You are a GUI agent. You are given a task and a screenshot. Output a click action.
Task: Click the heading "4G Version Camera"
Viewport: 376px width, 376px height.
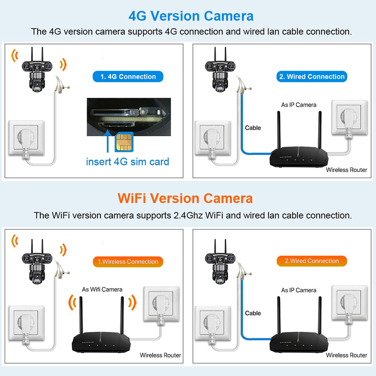coord(191,16)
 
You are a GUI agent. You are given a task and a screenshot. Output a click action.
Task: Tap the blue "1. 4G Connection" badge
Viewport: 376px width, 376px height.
coord(128,77)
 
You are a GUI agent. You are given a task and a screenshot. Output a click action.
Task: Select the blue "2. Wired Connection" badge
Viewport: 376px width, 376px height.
coord(312,77)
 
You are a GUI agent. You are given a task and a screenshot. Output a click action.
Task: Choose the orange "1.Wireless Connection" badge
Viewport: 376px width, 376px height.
coord(127,261)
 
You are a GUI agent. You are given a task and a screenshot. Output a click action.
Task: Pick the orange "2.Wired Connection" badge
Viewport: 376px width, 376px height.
coord(312,261)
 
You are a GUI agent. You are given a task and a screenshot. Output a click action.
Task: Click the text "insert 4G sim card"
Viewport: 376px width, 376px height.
coord(127,162)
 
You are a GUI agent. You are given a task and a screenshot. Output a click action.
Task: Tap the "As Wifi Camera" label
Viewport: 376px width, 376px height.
coord(102,290)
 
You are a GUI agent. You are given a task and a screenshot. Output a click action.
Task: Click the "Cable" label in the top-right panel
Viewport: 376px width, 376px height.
coord(253,128)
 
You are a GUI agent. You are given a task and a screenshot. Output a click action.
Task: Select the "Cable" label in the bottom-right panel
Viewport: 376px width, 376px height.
coord(253,313)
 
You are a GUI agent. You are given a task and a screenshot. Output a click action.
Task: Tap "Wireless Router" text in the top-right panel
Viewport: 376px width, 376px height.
coord(346,170)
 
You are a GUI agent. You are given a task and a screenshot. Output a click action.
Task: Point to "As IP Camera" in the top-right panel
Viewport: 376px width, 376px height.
coord(299,105)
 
